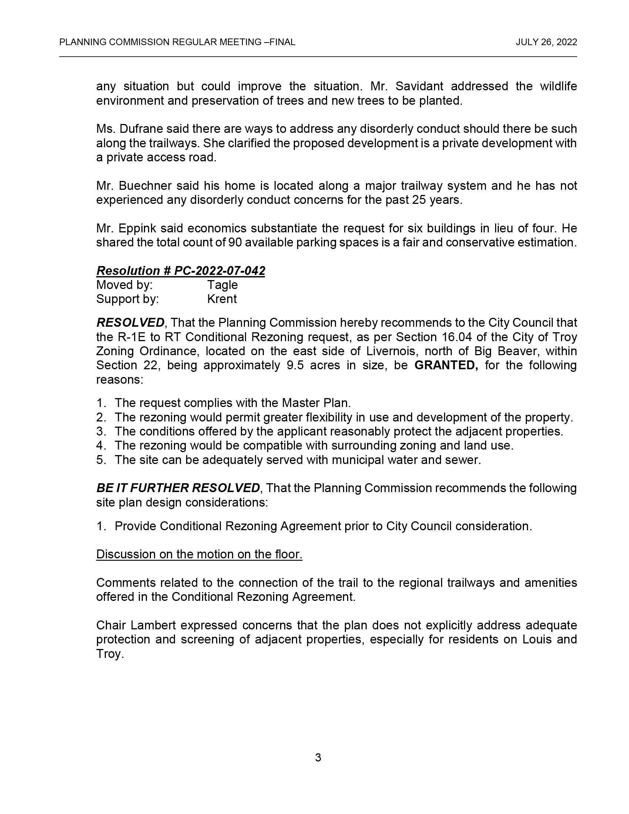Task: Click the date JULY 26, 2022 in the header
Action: pos(546,42)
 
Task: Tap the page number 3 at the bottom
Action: pos(318,757)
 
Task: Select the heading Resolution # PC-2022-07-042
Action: pos(181,270)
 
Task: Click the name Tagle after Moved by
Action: pos(222,285)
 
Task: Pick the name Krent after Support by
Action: pos(222,299)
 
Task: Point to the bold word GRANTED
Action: pos(446,365)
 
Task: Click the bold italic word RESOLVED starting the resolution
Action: pos(130,322)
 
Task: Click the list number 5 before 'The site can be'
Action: pos(100,460)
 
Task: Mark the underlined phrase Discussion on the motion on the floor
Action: pos(199,554)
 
